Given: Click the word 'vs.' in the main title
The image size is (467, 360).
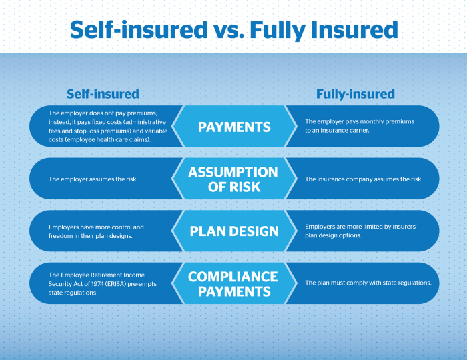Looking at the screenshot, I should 235,29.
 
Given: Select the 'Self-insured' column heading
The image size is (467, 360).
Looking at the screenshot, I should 103,94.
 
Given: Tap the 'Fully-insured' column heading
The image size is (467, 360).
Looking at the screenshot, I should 355,94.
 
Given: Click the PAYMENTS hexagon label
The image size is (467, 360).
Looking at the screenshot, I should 234,127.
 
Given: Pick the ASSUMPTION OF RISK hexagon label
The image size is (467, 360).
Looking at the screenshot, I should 233,179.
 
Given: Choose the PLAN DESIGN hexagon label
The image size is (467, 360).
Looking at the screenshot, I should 234,231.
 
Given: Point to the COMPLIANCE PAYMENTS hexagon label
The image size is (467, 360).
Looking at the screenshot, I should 233,283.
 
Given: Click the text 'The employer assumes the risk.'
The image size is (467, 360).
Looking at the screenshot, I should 93,179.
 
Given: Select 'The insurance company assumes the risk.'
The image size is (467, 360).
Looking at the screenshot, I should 363,179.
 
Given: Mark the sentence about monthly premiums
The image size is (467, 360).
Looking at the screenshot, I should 360,127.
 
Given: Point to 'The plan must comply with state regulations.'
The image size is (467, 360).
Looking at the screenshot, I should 368,283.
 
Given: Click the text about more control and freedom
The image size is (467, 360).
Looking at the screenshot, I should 96,231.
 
